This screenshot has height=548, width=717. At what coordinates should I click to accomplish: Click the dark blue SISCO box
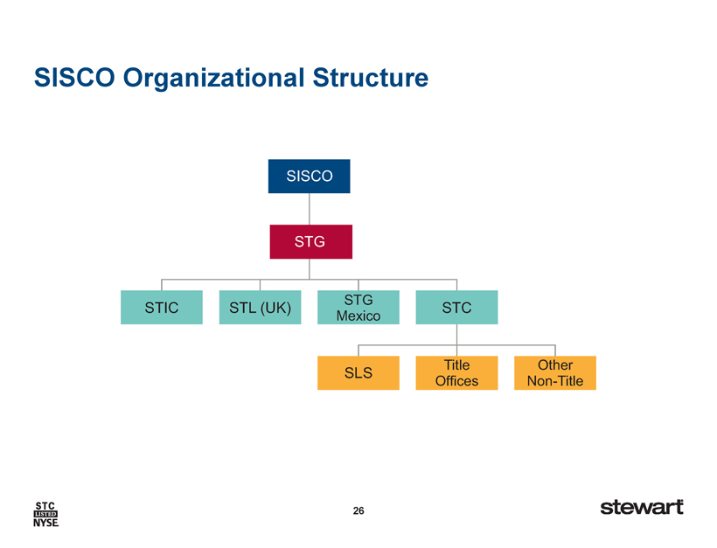point(310,176)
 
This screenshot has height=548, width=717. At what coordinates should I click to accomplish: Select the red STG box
point(311,242)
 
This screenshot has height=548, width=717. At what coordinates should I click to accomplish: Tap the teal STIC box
point(162,307)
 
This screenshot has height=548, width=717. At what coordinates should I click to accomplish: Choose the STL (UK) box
point(261,307)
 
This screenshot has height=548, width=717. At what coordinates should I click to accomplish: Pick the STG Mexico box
point(358,307)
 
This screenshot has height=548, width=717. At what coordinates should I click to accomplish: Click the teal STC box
point(456,307)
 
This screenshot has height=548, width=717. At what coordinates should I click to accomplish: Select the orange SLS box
point(358,373)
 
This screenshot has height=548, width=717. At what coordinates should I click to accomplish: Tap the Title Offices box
point(456,373)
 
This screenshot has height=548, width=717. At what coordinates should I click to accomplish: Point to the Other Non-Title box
point(555,373)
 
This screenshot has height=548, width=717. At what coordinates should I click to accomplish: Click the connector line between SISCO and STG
point(310,209)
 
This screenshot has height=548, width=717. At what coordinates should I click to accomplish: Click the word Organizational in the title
point(213,78)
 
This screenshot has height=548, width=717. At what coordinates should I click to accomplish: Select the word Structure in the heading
point(371,77)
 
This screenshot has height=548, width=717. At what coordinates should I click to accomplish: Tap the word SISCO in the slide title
point(74,77)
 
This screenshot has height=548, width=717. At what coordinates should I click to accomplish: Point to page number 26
point(358,510)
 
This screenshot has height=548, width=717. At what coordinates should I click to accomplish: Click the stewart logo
point(642,507)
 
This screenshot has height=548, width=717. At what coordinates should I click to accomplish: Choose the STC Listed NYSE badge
point(45,514)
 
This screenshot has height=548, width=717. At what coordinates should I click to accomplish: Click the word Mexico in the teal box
point(358,316)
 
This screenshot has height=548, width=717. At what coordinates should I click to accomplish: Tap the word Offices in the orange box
point(456,381)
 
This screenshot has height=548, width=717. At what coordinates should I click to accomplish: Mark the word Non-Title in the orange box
point(555,381)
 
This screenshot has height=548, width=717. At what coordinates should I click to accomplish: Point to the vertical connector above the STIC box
point(162,285)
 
